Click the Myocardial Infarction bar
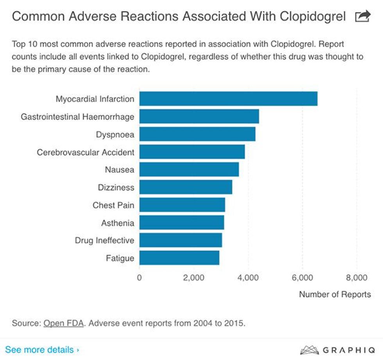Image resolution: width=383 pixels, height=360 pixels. tap(228, 99)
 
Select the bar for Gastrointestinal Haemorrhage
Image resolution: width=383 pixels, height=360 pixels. tap(199, 116)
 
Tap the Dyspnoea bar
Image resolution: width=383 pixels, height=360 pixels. tap(197, 134)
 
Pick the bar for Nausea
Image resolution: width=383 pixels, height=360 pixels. tap(189, 169)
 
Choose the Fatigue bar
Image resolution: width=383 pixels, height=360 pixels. tap(179, 258)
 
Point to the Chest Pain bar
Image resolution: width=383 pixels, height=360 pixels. tap(182, 205)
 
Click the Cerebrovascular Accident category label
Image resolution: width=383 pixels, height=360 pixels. tap(86, 152)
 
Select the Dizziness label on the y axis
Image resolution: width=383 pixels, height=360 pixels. tap(116, 187)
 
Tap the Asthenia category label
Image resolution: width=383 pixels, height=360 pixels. tap(118, 223)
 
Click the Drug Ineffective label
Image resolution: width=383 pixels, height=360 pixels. tap(104, 241)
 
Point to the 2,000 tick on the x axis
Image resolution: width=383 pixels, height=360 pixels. tap(194, 278)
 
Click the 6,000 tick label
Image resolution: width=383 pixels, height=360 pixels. tap(302, 278)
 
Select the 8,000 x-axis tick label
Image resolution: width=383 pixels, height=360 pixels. tap(356, 278)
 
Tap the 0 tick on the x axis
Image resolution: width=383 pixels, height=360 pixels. tap(140, 278)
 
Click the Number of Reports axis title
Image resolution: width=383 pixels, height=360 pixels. tap(335, 294)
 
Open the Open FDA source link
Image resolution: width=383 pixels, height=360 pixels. tap(64, 323)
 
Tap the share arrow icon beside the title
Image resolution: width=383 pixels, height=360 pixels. tap(362, 16)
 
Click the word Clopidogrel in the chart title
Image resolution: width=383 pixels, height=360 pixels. tap(308, 16)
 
